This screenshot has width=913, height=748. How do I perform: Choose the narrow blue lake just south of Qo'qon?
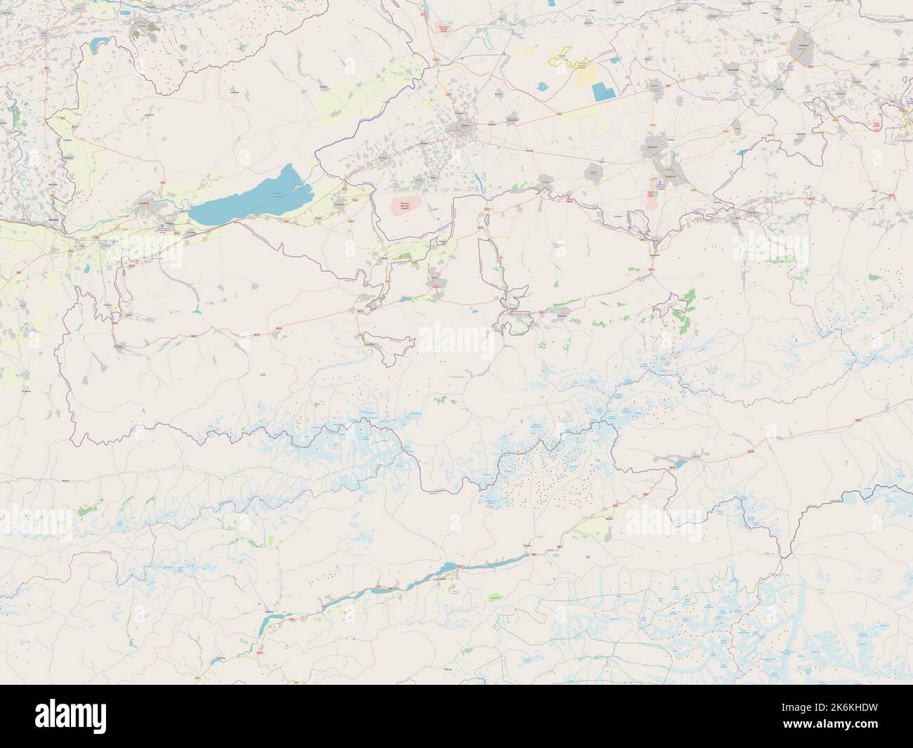tap(479, 182)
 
